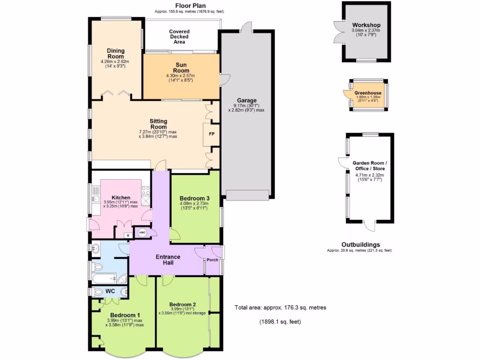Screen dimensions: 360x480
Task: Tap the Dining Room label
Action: click(x=115, y=54)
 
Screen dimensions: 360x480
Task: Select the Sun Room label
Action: click(x=183, y=68)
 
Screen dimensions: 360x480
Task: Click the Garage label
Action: click(x=247, y=100)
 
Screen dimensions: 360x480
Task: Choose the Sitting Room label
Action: click(x=158, y=124)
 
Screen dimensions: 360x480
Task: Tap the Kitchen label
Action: click(x=120, y=198)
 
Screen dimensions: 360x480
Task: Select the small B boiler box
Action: click(x=127, y=235)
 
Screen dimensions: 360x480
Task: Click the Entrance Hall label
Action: click(x=168, y=260)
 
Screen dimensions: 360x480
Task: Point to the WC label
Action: click(x=110, y=292)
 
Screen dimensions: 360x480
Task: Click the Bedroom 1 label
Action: click(x=125, y=315)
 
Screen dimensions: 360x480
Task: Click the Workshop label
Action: click(x=366, y=25)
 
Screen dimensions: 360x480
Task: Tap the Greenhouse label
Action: click(x=367, y=93)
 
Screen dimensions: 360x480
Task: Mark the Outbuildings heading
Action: click(x=360, y=245)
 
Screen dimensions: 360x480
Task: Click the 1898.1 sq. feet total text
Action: click(x=280, y=322)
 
